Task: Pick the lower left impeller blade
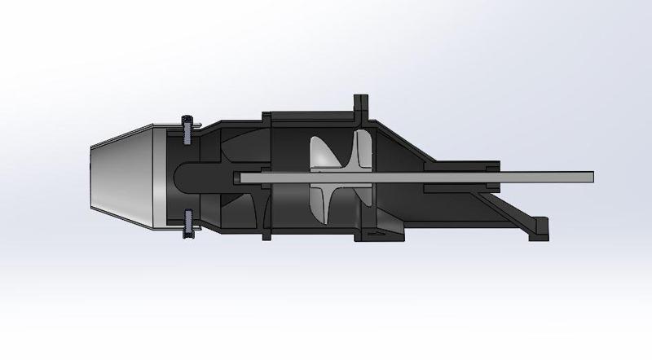pos(324,204)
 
